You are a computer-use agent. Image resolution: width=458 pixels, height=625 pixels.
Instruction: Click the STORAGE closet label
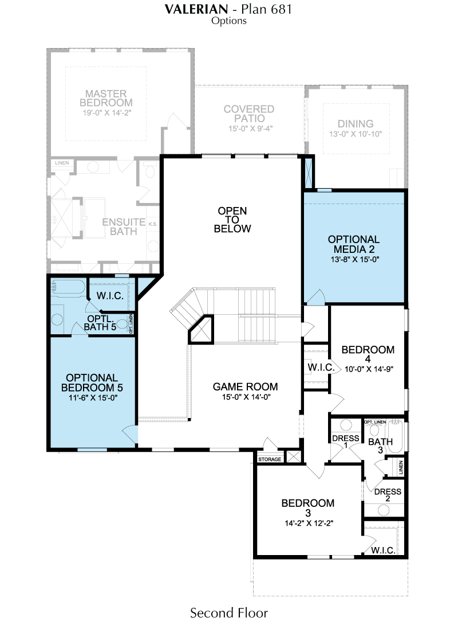(x=270, y=459)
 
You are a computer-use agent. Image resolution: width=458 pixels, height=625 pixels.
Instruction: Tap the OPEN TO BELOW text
(x=232, y=220)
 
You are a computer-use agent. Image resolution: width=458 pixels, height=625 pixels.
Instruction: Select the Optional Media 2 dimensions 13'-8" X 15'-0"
(x=354, y=260)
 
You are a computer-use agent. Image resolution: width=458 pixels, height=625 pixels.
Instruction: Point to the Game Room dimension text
(x=246, y=397)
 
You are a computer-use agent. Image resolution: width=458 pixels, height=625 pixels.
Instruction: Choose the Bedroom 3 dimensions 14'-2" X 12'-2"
(x=309, y=524)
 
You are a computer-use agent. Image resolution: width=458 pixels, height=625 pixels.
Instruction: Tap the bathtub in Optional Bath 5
(x=68, y=288)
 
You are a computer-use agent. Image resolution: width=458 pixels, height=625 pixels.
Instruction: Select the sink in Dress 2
(x=383, y=510)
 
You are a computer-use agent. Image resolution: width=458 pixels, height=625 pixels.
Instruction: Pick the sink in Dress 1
(x=346, y=424)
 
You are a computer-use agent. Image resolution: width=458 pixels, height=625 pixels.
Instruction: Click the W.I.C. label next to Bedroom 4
(x=321, y=368)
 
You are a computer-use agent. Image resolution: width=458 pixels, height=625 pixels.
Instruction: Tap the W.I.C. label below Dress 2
(x=383, y=550)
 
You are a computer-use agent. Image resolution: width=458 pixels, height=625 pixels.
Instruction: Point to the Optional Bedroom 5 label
(x=92, y=382)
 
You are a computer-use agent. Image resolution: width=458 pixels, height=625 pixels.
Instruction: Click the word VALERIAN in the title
(x=196, y=9)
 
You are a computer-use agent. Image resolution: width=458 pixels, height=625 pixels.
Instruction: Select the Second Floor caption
(x=229, y=612)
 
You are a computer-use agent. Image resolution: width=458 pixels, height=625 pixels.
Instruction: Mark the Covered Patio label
(x=249, y=114)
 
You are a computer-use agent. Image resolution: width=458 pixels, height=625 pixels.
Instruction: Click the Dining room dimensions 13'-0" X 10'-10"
(x=356, y=134)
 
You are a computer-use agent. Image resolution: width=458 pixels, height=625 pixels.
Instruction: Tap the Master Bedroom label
(x=106, y=98)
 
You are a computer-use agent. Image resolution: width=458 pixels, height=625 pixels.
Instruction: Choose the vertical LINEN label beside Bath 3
(x=401, y=467)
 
